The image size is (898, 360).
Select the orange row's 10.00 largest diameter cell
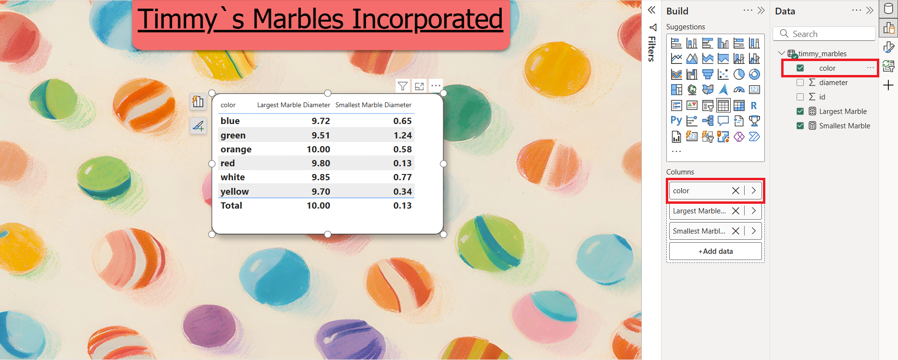pos(318,149)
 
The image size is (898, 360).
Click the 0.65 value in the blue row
pos(402,121)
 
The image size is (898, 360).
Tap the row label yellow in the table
pos(235,192)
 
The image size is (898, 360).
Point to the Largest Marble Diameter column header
pos(293,105)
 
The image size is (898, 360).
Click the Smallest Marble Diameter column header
pos(373,105)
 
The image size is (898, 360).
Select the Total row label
pos(231,206)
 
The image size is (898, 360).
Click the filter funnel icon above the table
pos(403,86)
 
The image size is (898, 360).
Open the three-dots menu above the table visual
pos(436,86)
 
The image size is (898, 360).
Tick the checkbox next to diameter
pos(800,83)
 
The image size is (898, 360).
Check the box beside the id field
pos(800,97)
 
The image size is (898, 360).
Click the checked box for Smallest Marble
pos(800,126)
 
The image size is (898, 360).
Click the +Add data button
pos(715,251)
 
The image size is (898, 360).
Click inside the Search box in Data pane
pos(824,34)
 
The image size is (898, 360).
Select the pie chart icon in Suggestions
pos(739,74)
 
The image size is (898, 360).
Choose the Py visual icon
pos(676,121)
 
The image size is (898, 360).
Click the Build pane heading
pos(677,11)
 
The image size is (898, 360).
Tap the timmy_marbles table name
pos(822,54)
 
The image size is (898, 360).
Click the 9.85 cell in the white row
pos(321,177)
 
